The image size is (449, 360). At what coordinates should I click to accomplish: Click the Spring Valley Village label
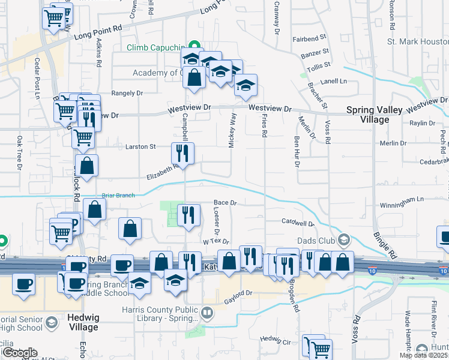click(x=367, y=115)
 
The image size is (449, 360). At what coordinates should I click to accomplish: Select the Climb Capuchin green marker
click(x=194, y=46)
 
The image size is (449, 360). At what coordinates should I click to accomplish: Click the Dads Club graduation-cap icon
click(x=344, y=240)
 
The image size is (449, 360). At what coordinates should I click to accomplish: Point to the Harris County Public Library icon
click(x=206, y=312)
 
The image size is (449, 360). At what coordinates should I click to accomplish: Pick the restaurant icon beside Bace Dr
click(x=189, y=215)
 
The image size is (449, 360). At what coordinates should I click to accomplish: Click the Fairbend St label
click(x=309, y=39)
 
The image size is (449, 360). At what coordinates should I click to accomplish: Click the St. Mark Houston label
click(x=417, y=42)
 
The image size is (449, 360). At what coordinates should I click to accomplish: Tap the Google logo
click(x=19, y=353)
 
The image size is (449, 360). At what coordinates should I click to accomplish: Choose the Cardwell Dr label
click(x=298, y=223)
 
